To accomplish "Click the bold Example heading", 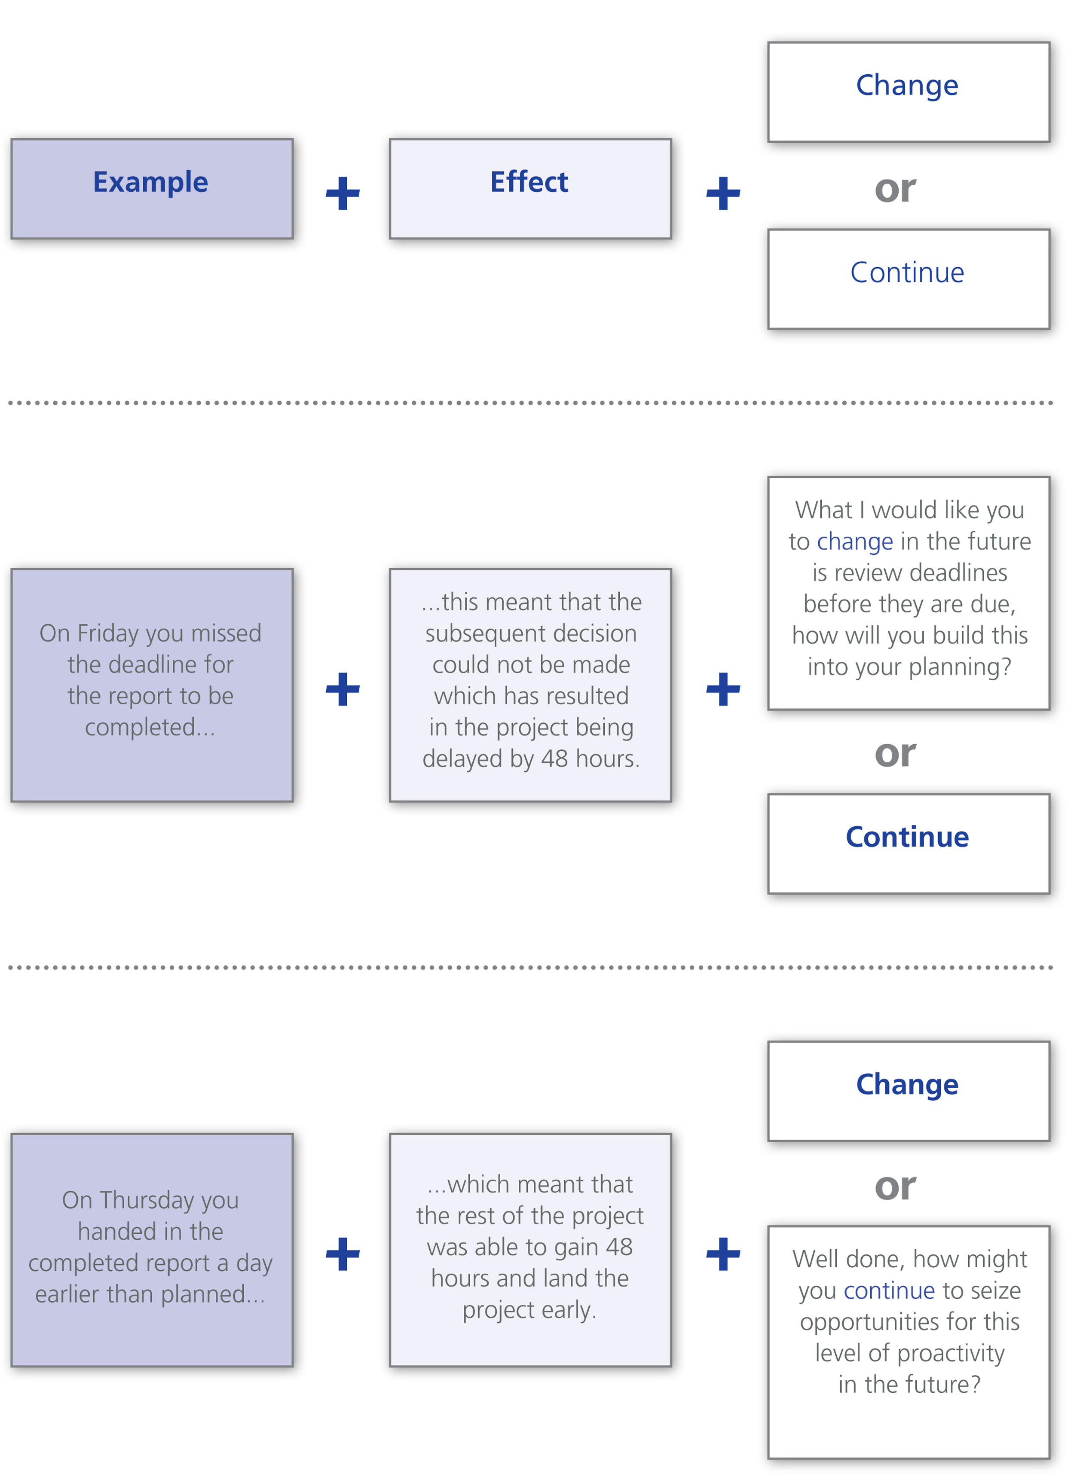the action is [151, 183].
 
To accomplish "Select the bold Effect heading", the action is [529, 182].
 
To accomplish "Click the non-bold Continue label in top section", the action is [907, 272].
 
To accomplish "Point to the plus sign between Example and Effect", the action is [343, 193].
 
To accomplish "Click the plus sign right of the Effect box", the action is [723, 193].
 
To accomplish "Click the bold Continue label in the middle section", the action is [907, 837].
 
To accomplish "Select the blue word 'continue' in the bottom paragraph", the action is [890, 1291].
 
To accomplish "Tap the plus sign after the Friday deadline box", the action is [343, 689].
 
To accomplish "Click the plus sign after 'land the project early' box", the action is [723, 1254].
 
